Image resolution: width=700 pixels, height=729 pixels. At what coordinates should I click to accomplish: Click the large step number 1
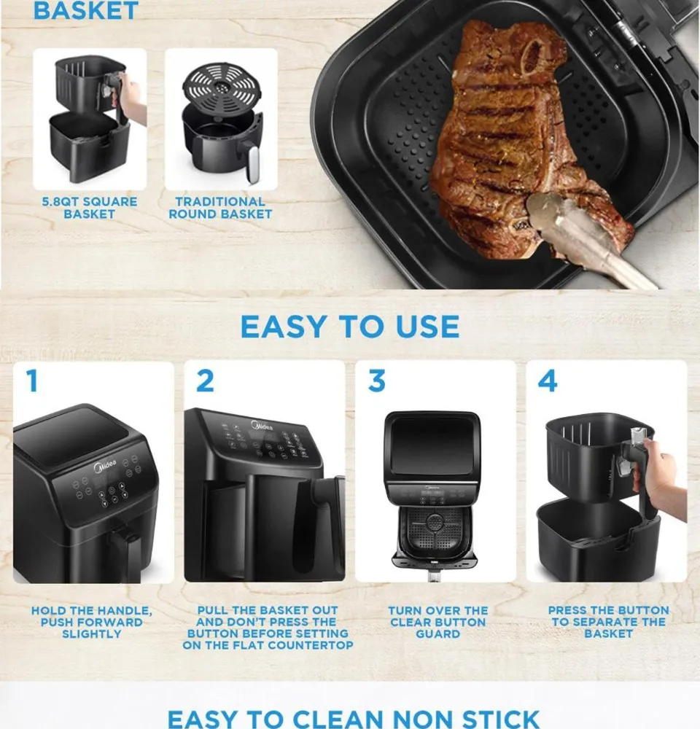click(x=31, y=381)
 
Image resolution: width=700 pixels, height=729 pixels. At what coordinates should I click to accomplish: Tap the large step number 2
click(x=205, y=381)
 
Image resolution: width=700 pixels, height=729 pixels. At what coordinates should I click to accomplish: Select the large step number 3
click(x=376, y=381)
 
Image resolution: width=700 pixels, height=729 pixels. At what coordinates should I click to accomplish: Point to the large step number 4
click(x=548, y=381)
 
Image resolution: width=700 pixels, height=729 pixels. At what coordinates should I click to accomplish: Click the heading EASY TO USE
click(x=350, y=327)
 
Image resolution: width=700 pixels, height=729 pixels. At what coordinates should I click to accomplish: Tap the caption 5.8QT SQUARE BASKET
click(x=89, y=208)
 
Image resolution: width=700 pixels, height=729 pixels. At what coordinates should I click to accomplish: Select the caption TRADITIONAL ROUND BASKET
click(x=220, y=208)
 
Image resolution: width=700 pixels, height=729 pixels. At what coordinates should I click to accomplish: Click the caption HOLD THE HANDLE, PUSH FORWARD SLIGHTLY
click(x=91, y=622)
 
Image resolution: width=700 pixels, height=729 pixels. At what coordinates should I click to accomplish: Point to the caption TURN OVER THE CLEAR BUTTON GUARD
click(x=437, y=622)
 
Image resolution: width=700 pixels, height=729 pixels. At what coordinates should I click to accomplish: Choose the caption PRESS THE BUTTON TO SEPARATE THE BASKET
click(x=608, y=622)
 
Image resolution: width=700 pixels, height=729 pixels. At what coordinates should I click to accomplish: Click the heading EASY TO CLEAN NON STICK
click(x=354, y=718)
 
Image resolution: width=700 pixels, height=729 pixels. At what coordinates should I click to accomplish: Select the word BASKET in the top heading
click(x=86, y=10)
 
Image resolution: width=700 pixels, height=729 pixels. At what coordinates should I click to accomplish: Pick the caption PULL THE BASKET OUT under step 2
click(x=268, y=628)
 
